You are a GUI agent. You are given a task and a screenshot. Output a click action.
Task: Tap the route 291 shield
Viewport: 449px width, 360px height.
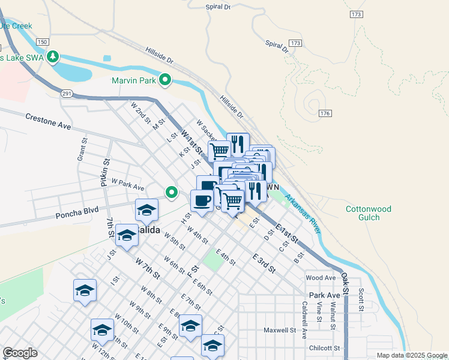(66, 93)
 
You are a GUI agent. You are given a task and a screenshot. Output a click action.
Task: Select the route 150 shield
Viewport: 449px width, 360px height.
(41, 41)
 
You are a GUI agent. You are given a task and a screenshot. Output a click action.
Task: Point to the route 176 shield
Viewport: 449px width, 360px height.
(326, 113)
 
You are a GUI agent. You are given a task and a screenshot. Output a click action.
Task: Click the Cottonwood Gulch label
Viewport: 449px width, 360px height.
(368, 213)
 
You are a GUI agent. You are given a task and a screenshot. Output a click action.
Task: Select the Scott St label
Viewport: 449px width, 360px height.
(361, 299)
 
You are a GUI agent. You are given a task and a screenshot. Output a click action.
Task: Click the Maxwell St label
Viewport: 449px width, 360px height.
(280, 330)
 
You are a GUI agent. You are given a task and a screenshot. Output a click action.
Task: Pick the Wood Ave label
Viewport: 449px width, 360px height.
(321, 278)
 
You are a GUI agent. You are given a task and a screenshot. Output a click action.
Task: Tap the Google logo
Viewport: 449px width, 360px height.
(20, 353)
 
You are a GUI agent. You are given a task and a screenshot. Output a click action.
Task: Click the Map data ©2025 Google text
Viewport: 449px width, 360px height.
(411, 355)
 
